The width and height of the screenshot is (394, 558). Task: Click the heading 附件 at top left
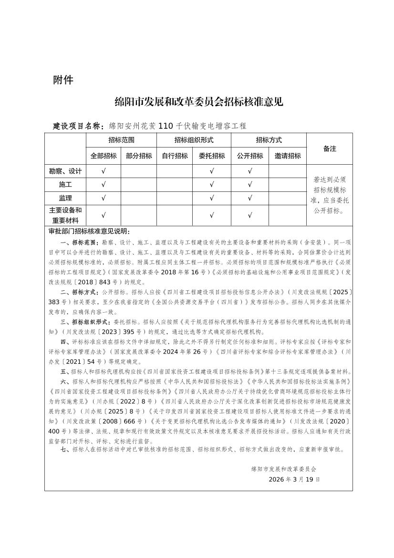click(63, 80)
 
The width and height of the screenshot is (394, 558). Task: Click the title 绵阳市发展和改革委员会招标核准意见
click(199, 102)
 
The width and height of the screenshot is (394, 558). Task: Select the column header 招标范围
click(121, 140)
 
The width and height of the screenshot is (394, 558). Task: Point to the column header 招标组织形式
click(194, 140)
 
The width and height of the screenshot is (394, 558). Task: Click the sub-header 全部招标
click(104, 156)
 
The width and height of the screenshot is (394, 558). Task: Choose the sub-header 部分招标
click(139, 156)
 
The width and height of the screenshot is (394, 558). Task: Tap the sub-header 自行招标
click(175, 156)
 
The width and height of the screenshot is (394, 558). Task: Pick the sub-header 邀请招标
click(288, 156)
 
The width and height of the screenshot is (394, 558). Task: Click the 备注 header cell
click(330, 148)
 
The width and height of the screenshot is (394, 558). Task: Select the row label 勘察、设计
click(65, 171)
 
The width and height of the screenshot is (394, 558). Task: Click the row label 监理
click(65, 198)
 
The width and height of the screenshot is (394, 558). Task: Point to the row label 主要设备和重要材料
click(65, 215)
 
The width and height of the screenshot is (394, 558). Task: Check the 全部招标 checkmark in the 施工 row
click(104, 185)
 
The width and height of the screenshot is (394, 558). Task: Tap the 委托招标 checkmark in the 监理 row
click(212, 198)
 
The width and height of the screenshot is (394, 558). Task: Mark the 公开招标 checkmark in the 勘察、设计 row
click(250, 171)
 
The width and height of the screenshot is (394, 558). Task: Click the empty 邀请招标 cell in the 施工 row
click(288, 185)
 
